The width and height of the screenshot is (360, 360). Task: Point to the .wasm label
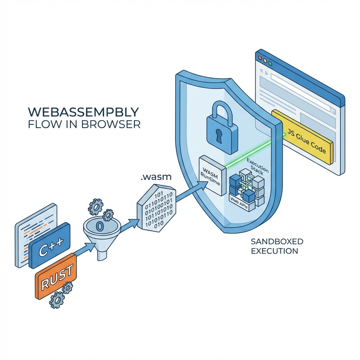155,178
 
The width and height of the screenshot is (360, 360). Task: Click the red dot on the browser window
260,57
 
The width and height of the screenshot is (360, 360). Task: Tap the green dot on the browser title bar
270,64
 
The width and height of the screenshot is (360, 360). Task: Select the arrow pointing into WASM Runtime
190,192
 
